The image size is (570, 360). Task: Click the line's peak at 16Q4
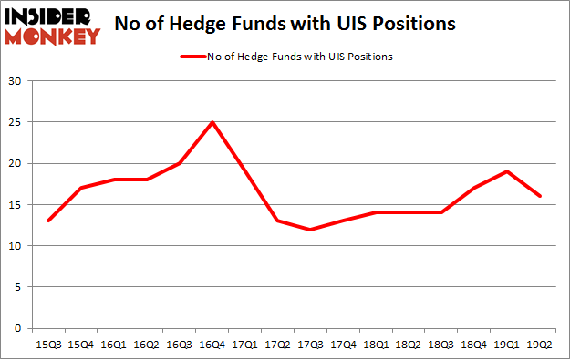click(x=212, y=122)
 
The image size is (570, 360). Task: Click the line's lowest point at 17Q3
click(x=310, y=230)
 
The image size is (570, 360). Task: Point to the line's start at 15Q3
click(x=48, y=221)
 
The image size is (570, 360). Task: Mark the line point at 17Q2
click(x=277, y=221)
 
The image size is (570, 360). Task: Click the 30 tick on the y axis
click(x=16, y=81)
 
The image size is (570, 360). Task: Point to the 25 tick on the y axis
click(x=16, y=122)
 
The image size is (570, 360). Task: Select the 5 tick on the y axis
click(x=18, y=287)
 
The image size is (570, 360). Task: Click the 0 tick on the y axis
click(x=18, y=328)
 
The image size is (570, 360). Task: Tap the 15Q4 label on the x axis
click(x=81, y=345)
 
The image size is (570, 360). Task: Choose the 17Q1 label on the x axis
click(x=244, y=345)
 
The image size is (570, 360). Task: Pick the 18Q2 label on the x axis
click(x=409, y=345)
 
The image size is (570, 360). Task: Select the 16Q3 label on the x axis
click(x=179, y=345)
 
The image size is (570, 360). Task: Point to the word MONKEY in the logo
click(x=53, y=36)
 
